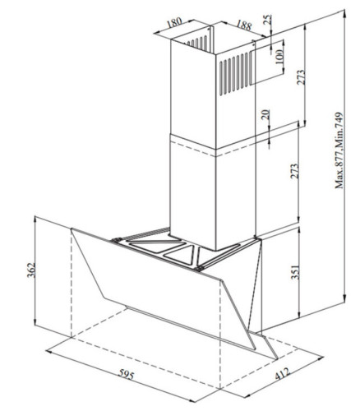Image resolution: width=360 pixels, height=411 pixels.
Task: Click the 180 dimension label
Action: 174,22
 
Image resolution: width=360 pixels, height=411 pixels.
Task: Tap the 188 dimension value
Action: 243,25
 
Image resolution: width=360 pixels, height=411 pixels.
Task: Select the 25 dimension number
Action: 268,19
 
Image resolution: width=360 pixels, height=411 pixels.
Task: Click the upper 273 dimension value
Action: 301,77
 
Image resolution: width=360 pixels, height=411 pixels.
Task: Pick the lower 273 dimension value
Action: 294,171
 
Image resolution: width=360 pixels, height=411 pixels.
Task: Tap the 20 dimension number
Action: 266,114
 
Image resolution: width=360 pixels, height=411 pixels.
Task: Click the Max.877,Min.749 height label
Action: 339,150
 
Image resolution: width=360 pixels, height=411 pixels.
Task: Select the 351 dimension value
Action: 295,272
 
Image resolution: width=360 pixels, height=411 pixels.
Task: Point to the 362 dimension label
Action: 31,270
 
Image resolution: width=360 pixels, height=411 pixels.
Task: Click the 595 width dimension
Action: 127,374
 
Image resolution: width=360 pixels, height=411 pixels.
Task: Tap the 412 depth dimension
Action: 282,374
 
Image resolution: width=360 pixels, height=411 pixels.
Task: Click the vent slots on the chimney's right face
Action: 236,73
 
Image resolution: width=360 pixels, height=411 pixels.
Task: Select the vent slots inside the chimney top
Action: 197,43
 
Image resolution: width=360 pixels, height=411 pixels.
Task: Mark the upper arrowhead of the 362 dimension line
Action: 35,219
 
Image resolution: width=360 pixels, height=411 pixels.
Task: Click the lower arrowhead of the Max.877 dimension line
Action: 345,298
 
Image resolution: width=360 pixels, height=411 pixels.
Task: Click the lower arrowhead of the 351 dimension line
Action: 299,314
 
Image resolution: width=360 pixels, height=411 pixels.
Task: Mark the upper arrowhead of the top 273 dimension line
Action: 306,28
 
